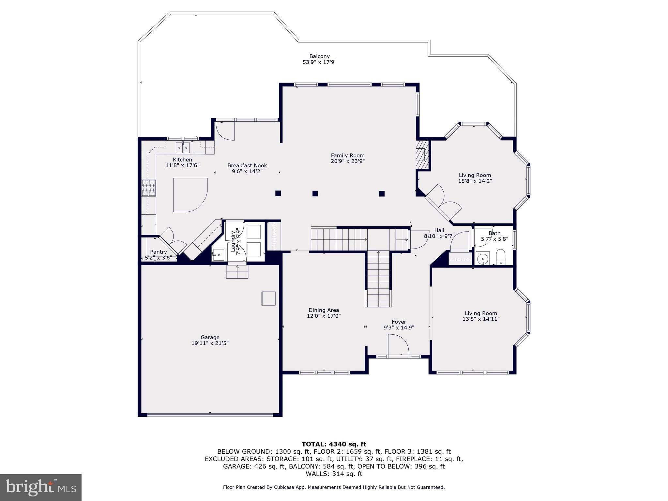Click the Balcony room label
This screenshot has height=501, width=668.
click(x=319, y=56)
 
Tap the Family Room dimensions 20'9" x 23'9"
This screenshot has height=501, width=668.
click(x=348, y=161)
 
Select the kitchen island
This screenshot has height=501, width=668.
click(x=190, y=194)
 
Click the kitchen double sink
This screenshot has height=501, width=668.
click(x=183, y=148)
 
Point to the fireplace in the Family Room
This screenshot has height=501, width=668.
click(x=422, y=155)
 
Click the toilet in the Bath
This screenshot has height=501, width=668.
click(x=500, y=257)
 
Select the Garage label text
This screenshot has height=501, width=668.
click(x=210, y=337)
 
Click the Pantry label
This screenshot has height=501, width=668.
click(x=158, y=252)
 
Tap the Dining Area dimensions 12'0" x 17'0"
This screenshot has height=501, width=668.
click(x=324, y=316)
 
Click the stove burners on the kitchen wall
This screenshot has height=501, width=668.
click(x=148, y=188)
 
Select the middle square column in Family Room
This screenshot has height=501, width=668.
click(x=315, y=193)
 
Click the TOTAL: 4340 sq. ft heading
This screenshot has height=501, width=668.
click(x=334, y=444)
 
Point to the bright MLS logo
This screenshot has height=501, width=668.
click(x=41, y=487)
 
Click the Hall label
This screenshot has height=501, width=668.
click(x=439, y=230)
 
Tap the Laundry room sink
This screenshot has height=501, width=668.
click(x=218, y=254)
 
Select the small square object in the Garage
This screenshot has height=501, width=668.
click(x=268, y=298)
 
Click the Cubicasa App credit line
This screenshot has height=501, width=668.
click(x=334, y=487)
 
